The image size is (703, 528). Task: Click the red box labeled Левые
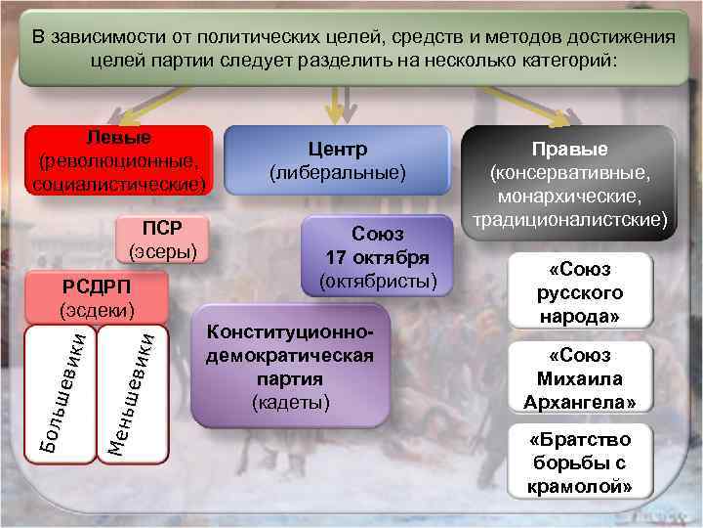coord(121,158)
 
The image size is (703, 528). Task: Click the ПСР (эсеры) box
coord(163,240)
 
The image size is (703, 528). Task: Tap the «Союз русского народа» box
coord(580,290)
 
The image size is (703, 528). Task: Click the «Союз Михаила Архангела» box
coord(580,378)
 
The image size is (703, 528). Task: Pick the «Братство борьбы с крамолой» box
coord(580,462)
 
